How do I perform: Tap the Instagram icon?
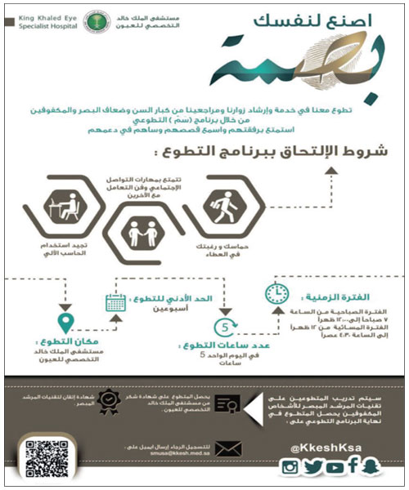pyautogui.click(x=290, y=466)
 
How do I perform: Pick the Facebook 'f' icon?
pyautogui.click(x=353, y=466)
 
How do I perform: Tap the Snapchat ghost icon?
pyautogui.click(x=373, y=466)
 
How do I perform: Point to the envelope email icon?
pyautogui.click(x=229, y=448)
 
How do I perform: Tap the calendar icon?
pyautogui.click(x=114, y=304)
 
